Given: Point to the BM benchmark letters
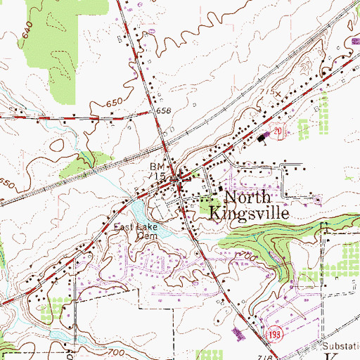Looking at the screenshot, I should [x=155, y=167].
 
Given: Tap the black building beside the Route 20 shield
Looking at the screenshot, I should [x=264, y=139].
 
